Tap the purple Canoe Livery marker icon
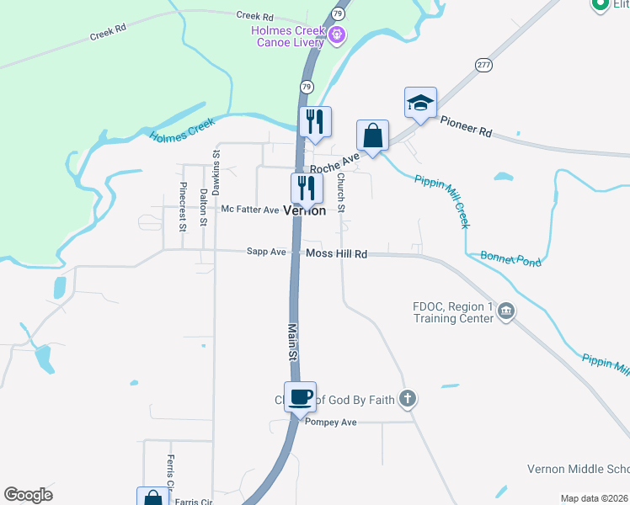point(337,36)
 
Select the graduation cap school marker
point(420,104)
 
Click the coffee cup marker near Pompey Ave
point(300,397)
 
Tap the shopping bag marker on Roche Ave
point(372,136)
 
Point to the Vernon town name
point(305,211)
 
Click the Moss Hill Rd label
point(337,253)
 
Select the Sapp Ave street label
point(266,252)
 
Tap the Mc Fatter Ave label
point(249,210)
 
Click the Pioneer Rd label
point(466,128)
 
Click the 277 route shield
point(483,65)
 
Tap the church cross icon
point(407,398)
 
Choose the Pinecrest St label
point(183,205)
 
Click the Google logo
point(28,495)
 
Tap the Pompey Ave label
point(332,422)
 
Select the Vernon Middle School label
point(578,469)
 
